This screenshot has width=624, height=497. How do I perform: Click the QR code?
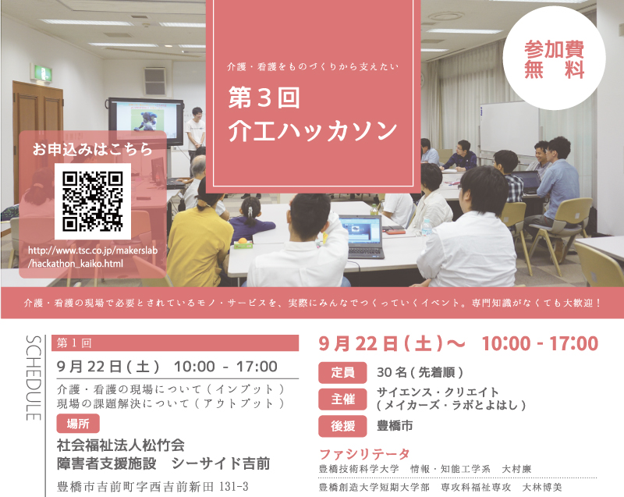pyautogui.click(x=93, y=201)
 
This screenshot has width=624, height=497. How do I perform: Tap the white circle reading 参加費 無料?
pyautogui.click(x=554, y=58)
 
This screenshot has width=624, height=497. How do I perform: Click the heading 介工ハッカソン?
pyautogui.click(x=313, y=131)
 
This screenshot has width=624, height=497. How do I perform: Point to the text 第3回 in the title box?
pyautogui.click(x=264, y=98)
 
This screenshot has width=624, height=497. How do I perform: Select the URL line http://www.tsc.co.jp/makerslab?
pyautogui.click(x=93, y=250)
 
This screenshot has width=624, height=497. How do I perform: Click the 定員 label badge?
pyautogui.click(x=342, y=372)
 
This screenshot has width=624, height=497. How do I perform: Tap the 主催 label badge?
pyautogui.click(x=342, y=399)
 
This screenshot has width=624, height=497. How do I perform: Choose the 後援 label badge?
pyautogui.click(x=342, y=426)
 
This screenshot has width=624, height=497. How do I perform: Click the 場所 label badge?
pyautogui.click(x=78, y=424)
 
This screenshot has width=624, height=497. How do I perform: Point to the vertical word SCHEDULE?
pyautogui.click(x=34, y=378)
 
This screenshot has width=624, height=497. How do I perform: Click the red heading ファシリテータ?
pyautogui.click(x=364, y=453)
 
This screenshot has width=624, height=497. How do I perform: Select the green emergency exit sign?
pyautogui.click(x=41, y=73)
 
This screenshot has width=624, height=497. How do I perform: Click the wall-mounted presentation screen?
pyautogui.click(x=146, y=122)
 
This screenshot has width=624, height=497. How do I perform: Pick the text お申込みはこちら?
pyautogui.click(x=92, y=149)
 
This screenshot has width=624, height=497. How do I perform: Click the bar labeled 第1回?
pyautogui.click(x=175, y=343)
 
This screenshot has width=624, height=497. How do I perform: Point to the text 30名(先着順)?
pyautogui.click(x=420, y=372)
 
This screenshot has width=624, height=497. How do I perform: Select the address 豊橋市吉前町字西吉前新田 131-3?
pyautogui.click(x=153, y=487)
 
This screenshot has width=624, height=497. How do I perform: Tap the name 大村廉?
pyautogui.click(x=516, y=469)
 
